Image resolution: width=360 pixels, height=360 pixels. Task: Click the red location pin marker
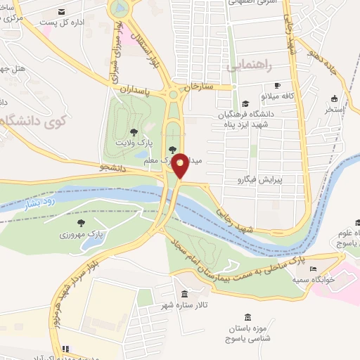tap(181, 165)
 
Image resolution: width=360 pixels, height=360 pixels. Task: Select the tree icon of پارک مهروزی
tap(81, 222)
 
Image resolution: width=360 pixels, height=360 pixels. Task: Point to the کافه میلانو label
tap(262, 94)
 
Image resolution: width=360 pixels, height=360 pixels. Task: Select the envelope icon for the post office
tap(62, 12)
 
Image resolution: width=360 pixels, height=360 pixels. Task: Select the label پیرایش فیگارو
tap(257, 179)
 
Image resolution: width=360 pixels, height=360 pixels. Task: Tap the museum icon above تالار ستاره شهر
tap(184, 294)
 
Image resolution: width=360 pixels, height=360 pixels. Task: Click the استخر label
tap(333, 110)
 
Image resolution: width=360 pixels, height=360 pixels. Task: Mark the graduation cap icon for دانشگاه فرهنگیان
tap(244, 105)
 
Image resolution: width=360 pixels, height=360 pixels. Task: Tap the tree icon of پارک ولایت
tap(134, 131)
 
